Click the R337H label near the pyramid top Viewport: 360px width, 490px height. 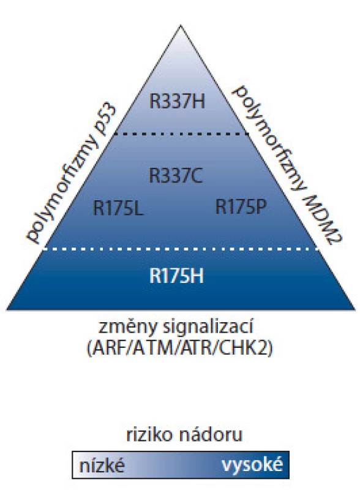click(x=177, y=102)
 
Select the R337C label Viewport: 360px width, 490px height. click(x=175, y=175)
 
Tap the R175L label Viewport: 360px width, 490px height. click(x=118, y=208)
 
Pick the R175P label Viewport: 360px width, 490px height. click(x=241, y=206)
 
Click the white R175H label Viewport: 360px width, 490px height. click(x=176, y=276)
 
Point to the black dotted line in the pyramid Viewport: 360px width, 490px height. click(x=181, y=134)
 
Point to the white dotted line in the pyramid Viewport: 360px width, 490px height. click(x=181, y=249)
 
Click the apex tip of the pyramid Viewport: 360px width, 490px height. click(x=181, y=25)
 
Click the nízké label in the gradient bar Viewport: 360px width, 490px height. click(x=102, y=466)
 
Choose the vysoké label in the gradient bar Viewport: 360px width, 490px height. click(x=252, y=466)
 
